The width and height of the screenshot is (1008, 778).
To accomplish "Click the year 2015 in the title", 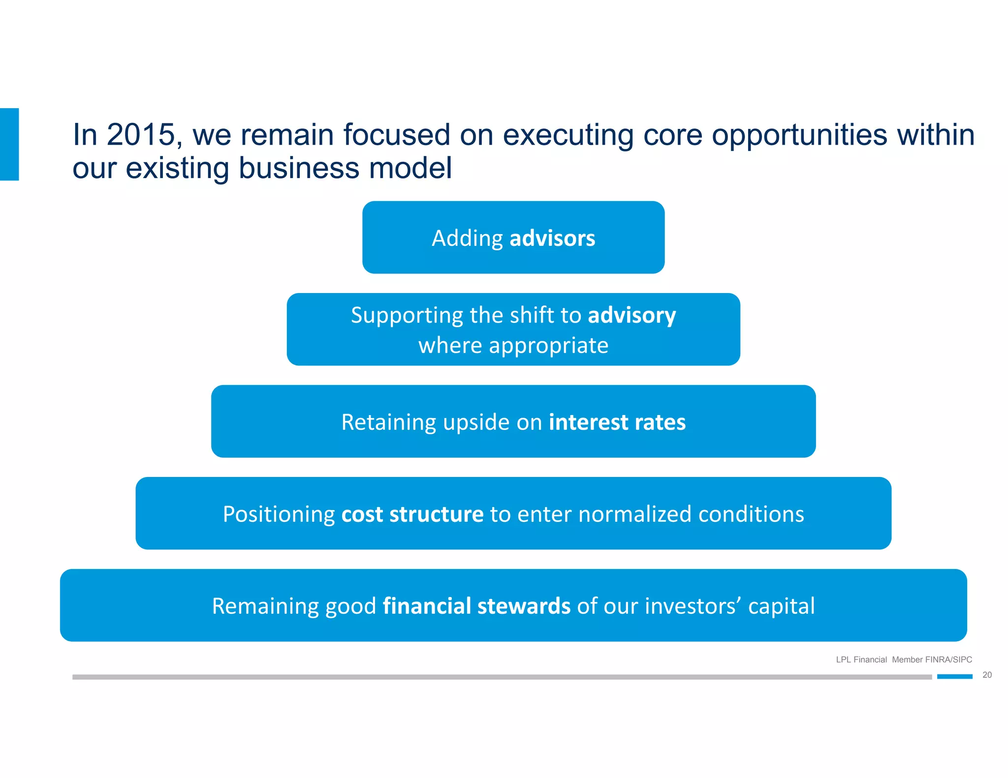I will (141, 135).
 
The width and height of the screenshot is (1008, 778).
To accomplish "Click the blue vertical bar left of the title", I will (9, 144).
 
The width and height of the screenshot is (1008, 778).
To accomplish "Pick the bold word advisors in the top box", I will (552, 239).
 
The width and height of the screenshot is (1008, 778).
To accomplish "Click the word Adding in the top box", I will (467, 239).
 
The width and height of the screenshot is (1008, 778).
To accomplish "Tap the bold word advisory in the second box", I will (631, 315).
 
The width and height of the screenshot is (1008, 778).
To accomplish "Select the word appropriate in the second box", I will (548, 346).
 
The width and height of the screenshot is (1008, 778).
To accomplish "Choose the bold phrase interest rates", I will (617, 422).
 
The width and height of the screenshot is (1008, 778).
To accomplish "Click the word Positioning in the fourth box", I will (279, 514).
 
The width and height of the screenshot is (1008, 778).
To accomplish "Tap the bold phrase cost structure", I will (412, 514).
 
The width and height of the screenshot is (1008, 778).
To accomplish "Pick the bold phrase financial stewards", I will (476, 606).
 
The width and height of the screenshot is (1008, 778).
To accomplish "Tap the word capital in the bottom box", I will (781, 606).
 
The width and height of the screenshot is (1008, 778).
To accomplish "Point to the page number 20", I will (987, 675).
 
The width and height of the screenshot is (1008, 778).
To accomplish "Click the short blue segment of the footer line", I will (954, 677).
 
